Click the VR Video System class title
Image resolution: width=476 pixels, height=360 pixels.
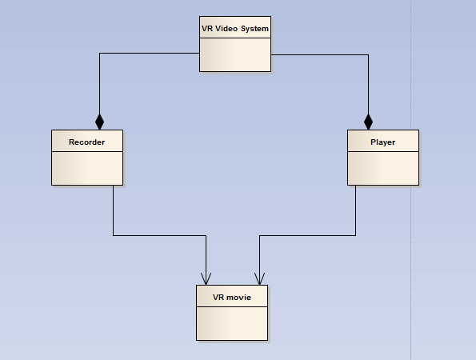click(x=235, y=29)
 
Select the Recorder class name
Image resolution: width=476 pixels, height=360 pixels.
click(x=87, y=142)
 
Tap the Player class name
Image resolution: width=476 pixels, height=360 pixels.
click(x=383, y=142)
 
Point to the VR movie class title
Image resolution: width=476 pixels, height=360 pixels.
click(x=232, y=297)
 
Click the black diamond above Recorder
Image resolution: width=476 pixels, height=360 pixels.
click(x=99, y=122)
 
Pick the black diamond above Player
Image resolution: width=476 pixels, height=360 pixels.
click(x=368, y=122)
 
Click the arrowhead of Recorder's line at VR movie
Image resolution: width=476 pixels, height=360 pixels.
click(x=206, y=279)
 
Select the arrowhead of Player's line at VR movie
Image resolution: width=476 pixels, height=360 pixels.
click(x=259, y=279)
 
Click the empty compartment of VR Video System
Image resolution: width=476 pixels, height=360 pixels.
click(x=235, y=55)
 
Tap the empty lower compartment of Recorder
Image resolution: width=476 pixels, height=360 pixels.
click(x=87, y=168)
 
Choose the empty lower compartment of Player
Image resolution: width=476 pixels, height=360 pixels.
click(x=383, y=168)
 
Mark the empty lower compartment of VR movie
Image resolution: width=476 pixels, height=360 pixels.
click(x=232, y=323)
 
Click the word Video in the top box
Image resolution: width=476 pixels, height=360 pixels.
click(x=226, y=29)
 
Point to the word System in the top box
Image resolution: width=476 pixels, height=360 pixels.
click(x=254, y=29)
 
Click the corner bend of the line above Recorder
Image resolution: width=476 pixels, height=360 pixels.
click(x=99, y=54)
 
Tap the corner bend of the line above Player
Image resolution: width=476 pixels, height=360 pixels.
click(x=369, y=55)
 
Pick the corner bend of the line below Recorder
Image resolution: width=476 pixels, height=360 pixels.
click(x=114, y=235)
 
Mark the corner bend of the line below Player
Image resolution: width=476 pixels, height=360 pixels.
click(x=355, y=235)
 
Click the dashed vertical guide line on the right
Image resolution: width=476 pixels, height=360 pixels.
click(x=411, y=180)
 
